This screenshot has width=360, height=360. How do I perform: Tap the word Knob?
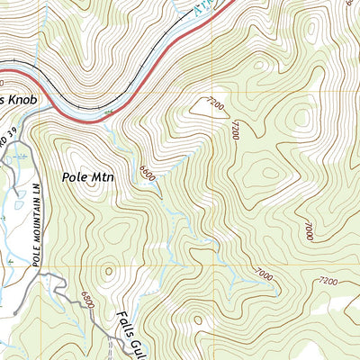tap(22, 100)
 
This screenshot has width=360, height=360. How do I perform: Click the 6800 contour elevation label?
tap(85, 300)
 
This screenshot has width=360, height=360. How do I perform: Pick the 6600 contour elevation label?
tap(148, 171)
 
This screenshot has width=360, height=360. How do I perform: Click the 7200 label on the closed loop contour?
tap(213, 105)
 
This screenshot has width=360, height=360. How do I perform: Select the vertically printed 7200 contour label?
tap(235, 129)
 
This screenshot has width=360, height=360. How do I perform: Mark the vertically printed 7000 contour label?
tap(308, 229)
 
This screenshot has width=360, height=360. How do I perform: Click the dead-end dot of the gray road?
tap(13, 311)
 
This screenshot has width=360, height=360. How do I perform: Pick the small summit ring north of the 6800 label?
tap(109, 269)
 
